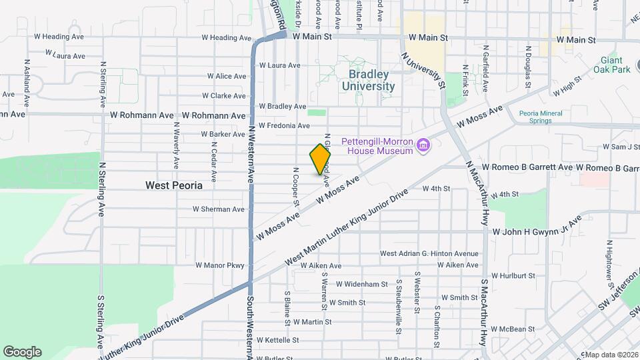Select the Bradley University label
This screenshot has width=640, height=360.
click(x=369, y=80)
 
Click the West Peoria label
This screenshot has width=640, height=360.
click(x=174, y=186)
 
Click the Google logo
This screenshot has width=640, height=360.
click(x=22, y=352)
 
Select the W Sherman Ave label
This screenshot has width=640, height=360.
click(x=219, y=209)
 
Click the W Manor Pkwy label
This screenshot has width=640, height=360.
click(x=220, y=265)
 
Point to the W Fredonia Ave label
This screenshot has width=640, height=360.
click(x=284, y=125)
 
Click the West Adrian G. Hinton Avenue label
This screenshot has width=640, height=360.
click(x=429, y=253)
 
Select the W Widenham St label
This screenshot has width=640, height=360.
click(x=362, y=284)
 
